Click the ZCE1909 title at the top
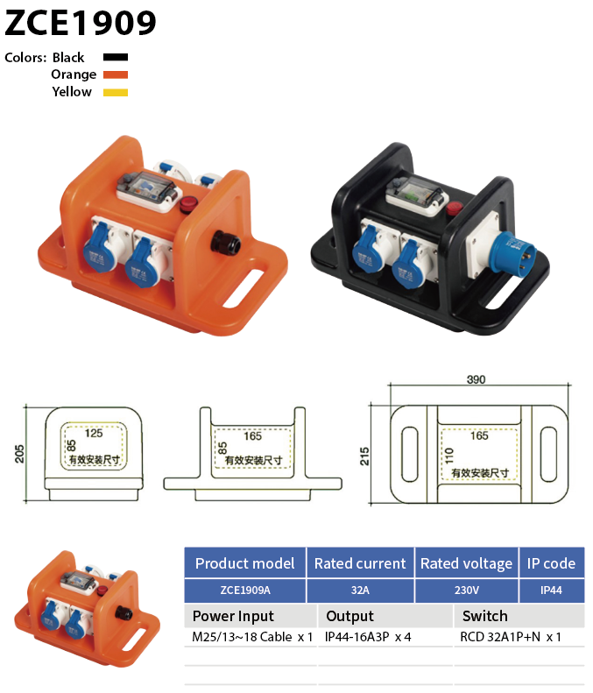pyautogui.click(x=81, y=23)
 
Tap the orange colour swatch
pyautogui.click(x=116, y=74)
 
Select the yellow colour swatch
pyautogui.click(x=116, y=92)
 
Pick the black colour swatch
pyautogui.click(x=116, y=57)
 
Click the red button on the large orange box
pyautogui.click(x=187, y=204)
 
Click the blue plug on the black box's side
pyautogui.click(x=514, y=253)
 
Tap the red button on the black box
pyautogui.click(x=454, y=208)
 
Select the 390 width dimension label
pyautogui.click(x=476, y=379)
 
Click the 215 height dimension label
pyautogui.click(x=364, y=456)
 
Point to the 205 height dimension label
pyautogui.click(x=19, y=454)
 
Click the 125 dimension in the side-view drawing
pyautogui.click(x=94, y=433)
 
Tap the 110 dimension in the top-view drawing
pyautogui.click(x=449, y=456)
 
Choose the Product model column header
pyautogui.click(x=244, y=563)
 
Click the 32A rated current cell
pyautogui.click(x=360, y=590)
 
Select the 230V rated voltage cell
pyautogui.click(x=467, y=590)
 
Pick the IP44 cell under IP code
pyautogui.click(x=551, y=590)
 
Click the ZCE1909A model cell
pyautogui.click(x=245, y=590)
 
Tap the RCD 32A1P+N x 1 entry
pyautogui.click(x=511, y=637)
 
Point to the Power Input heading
pyautogui.click(x=233, y=616)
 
